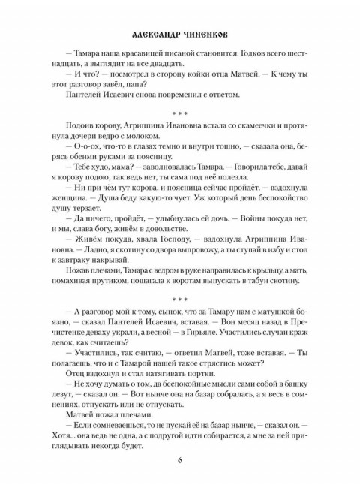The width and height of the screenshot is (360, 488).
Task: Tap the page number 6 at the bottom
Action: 179,460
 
